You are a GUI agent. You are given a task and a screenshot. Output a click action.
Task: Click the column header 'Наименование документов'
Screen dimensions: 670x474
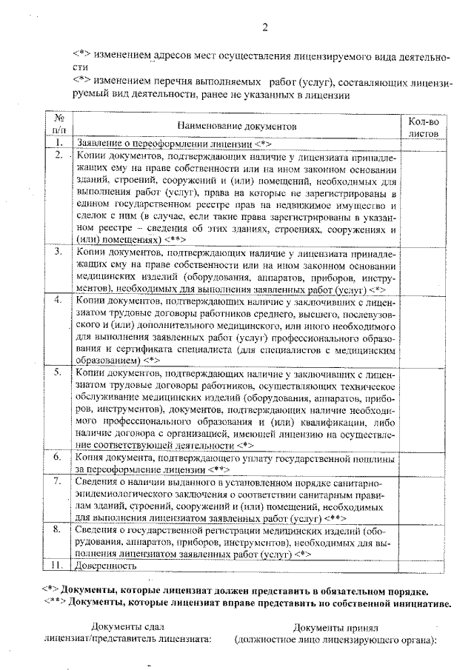click(x=237, y=127)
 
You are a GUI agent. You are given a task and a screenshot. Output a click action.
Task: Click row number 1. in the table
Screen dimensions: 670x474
click(x=59, y=143)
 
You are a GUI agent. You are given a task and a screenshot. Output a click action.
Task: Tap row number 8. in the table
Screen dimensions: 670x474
click(x=59, y=530)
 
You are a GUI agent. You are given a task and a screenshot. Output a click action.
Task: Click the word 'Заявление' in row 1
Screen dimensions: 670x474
click(x=103, y=143)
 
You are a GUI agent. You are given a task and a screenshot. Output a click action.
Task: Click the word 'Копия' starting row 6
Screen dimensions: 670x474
click(x=90, y=458)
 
